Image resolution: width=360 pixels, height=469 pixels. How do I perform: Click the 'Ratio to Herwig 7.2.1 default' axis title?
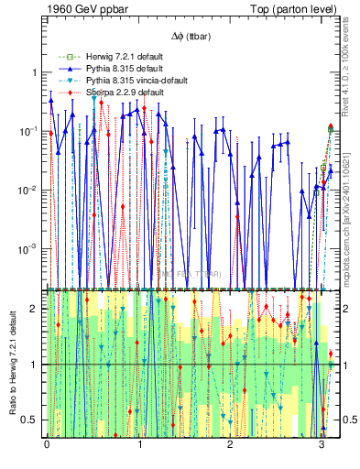point(11,363)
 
